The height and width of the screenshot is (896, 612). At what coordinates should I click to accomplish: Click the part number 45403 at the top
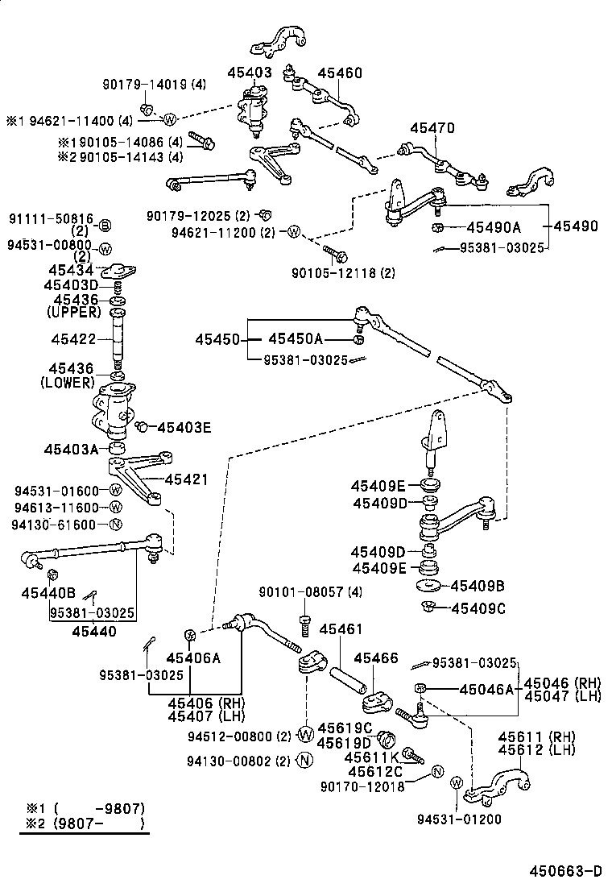(253, 73)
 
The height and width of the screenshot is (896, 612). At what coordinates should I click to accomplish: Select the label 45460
(339, 73)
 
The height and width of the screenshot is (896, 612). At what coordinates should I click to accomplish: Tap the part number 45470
(432, 128)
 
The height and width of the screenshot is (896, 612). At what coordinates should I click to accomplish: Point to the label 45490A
(494, 227)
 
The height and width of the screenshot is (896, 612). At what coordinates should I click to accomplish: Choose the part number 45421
(186, 479)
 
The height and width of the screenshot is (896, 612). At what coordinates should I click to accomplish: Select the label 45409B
(478, 586)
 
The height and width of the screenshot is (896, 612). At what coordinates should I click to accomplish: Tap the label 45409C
(478, 608)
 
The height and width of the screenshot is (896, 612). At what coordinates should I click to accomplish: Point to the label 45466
(376, 658)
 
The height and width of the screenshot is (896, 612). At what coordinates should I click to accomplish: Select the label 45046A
(486, 689)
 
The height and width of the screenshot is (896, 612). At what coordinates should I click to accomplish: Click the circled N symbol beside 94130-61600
(114, 525)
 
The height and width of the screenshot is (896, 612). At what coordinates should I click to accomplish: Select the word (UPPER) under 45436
(74, 312)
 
